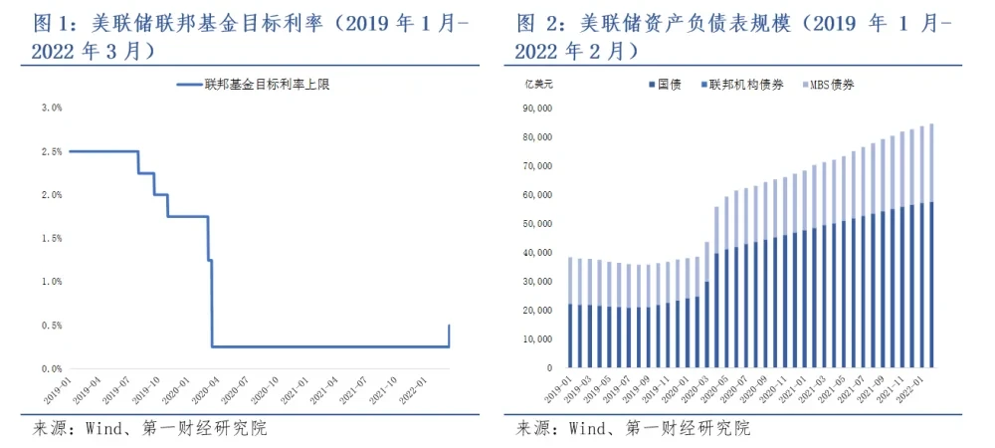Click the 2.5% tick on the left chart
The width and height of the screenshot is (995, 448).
click(50, 151)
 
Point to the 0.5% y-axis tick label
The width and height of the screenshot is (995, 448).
click(50, 326)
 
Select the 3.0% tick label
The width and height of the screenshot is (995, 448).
click(50, 108)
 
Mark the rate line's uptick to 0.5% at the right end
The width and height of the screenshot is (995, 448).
click(449, 335)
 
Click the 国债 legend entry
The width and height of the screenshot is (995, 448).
click(661, 85)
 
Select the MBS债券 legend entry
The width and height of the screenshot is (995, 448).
click(828, 85)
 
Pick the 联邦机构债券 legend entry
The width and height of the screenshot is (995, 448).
click(736, 85)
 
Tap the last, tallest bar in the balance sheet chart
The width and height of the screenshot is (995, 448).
click(931, 249)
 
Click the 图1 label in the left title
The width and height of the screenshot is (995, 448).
click(40, 21)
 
